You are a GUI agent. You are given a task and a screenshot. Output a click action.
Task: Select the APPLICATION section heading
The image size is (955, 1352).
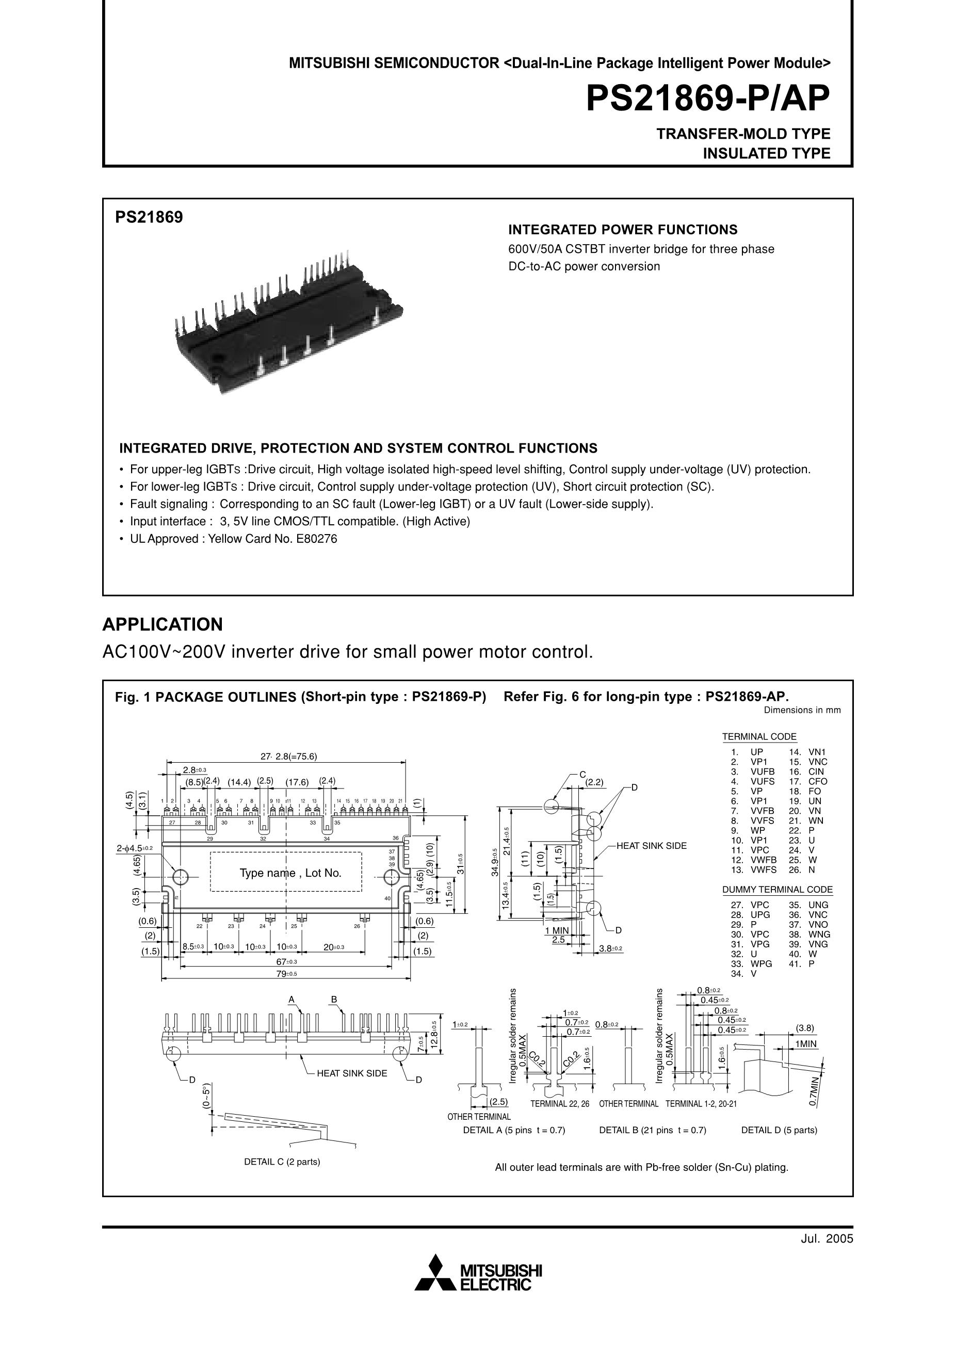click(x=163, y=624)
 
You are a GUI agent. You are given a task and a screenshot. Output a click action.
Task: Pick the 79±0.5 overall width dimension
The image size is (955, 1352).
click(x=285, y=974)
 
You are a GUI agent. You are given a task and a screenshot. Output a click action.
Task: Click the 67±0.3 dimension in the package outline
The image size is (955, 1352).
click(x=285, y=961)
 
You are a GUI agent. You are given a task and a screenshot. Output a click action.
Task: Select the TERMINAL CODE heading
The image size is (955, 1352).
click(x=759, y=737)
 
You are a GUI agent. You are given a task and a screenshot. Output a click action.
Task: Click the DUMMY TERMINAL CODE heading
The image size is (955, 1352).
click(x=777, y=890)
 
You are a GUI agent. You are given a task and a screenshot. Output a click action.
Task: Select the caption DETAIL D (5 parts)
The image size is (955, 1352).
click(x=779, y=1130)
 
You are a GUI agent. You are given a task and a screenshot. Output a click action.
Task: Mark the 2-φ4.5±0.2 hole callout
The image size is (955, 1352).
click(x=135, y=848)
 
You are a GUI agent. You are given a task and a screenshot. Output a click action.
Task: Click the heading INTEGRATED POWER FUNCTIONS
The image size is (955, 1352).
click(x=622, y=229)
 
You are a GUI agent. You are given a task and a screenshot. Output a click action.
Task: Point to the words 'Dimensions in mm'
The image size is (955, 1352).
click(x=802, y=710)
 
